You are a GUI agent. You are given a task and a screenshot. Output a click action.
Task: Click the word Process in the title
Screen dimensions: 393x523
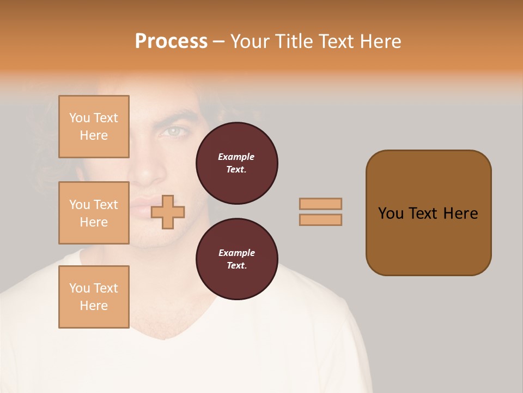pyautogui.click(x=171, y=41)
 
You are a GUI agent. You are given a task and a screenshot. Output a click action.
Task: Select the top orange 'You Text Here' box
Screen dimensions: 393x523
pyautogui.click(x=94, y=127)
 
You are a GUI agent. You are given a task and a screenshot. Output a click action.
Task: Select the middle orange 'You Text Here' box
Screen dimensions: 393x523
pyautogui.click(x=94, y=213)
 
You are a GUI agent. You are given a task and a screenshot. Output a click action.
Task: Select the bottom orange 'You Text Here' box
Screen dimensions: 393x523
pyautogui.click(x=94, y=297)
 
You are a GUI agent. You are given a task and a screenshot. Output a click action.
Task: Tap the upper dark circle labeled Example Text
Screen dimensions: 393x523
pyautogui.click(x=237, y=163)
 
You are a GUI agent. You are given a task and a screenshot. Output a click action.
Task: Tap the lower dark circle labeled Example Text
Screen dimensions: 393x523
pyautogui.click(x=237, y=259)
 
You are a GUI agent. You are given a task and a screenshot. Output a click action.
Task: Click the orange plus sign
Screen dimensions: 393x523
pyautogui.click(x=168, y=211)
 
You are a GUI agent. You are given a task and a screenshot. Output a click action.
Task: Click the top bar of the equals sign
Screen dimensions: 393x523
pyautogui.click(x=320, y=204)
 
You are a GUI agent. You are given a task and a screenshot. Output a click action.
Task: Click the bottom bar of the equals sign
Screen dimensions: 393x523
pyautogui.click(x=320, y=219)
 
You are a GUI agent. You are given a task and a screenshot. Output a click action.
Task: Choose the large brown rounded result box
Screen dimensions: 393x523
pyautogui.click(x=428, y=213)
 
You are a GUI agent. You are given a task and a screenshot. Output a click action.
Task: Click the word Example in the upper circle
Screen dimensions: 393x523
pyautogui.click(x=236, y=157)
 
